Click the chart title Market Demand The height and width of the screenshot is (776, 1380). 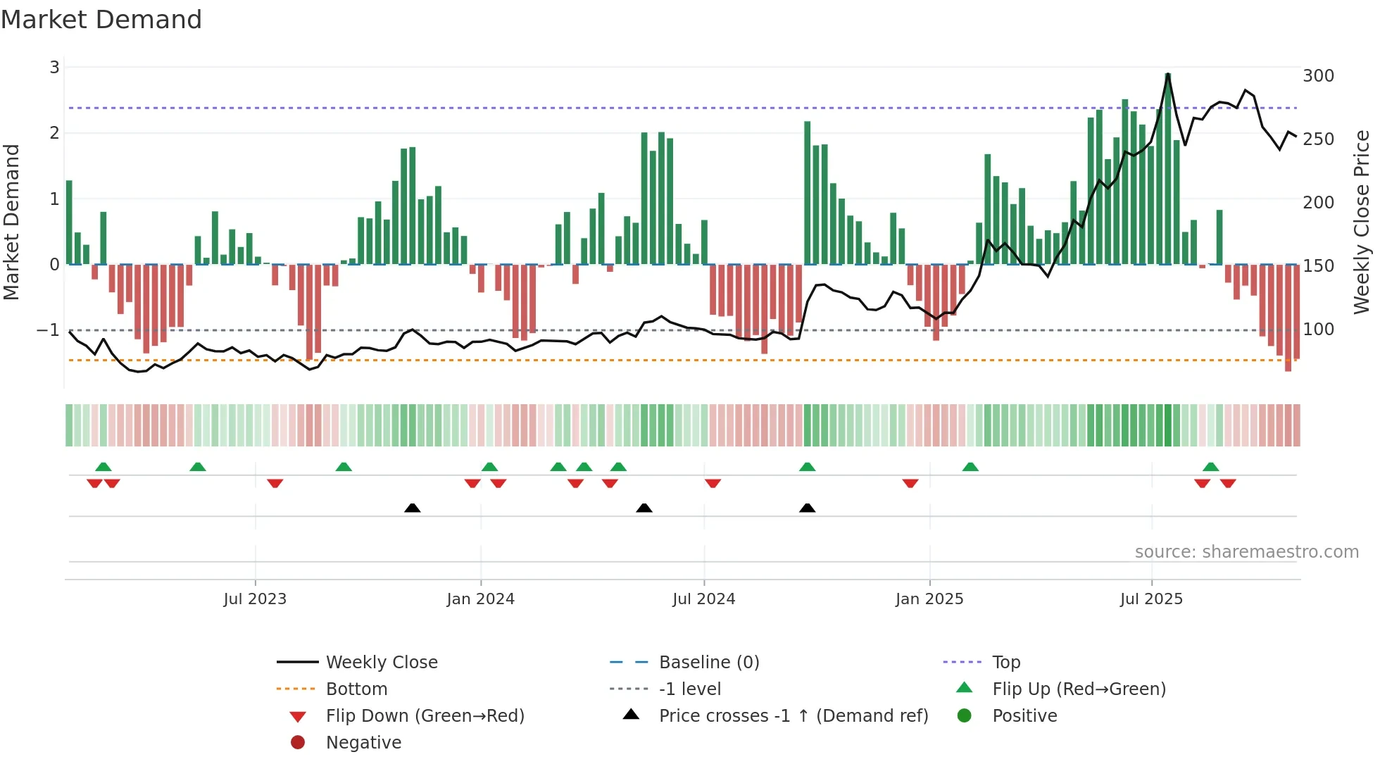point(101,20)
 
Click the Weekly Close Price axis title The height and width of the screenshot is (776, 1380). point(1362,222)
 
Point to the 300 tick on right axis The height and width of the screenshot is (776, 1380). point(1318,76)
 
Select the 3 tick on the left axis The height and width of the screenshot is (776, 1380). point(54,68)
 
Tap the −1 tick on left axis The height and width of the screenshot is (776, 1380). point(48,330)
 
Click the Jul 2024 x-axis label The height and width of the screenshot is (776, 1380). point(703,599)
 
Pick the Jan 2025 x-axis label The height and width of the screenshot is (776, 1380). point(929,599)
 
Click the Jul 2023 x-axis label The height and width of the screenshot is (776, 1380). point(255,599)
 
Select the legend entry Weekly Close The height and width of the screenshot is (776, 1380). point(381,663)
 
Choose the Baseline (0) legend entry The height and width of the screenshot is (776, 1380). point(708,663)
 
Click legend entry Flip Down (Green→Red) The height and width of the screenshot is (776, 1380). point(425,716)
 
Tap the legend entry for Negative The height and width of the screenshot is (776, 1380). point(363,743)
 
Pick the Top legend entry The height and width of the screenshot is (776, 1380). point(1005,663)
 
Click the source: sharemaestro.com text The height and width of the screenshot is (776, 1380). point(1246,552)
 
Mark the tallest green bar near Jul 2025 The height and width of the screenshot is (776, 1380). point(1168,169)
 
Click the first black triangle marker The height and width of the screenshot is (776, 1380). point(413,508)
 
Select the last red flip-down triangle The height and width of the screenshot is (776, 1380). point(1228,483)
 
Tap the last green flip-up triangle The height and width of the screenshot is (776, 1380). point(1211,467)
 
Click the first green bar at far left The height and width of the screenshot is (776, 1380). point(69,223)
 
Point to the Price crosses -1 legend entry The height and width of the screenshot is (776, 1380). point(793,716)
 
